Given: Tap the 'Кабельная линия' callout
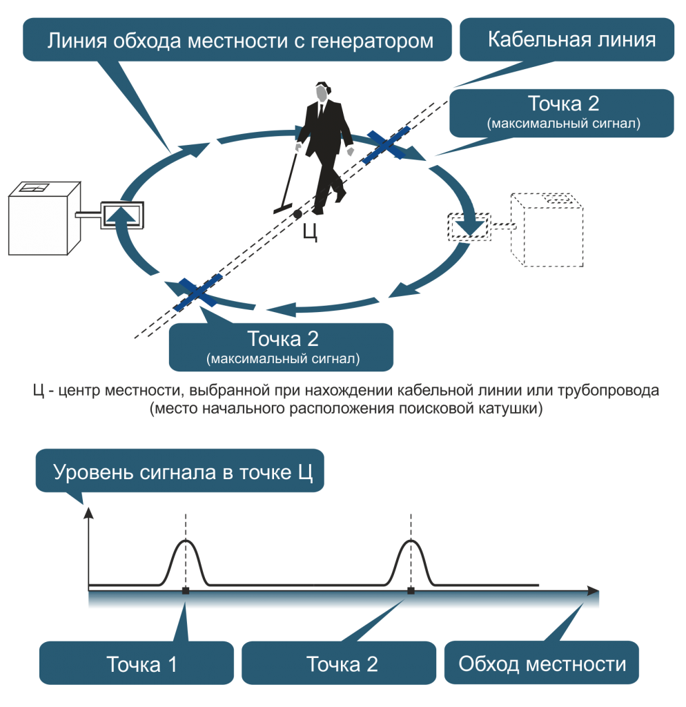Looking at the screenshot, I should pos(571,39).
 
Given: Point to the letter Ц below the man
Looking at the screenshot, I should pos(310,233).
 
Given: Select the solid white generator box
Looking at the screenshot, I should pos(43,217).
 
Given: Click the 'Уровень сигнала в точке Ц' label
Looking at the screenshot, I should pos(183,474).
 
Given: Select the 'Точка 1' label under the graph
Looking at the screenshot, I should pos(141,664).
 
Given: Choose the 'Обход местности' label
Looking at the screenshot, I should pos(542,664).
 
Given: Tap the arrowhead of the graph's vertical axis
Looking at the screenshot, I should pos(88,513).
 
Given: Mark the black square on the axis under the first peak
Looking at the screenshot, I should pos(185,591).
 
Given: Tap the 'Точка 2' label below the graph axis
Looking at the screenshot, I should pos(342,664).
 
